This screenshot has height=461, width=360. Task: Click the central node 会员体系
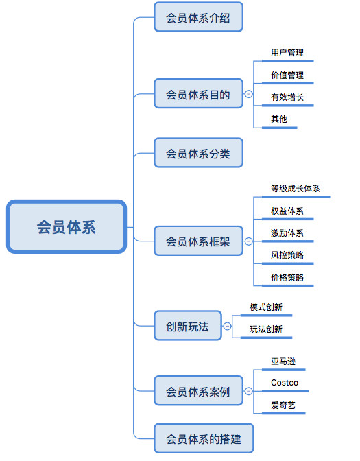(67, 226)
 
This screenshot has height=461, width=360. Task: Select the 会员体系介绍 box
(198, 16)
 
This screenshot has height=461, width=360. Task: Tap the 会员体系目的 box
(198, 94)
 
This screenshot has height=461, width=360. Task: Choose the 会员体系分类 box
(198, 153)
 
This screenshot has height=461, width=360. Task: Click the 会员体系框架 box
(198, 241)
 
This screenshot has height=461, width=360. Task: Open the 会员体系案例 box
(198, 392)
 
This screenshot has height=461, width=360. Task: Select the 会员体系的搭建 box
(203, 438)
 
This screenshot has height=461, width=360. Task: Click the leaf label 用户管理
(287, 53)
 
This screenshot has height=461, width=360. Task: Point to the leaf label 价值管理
(287, 75)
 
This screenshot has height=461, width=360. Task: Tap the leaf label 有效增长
(287, 97)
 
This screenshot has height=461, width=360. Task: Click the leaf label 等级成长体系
(296, 189)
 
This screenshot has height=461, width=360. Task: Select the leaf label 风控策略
(287, 255)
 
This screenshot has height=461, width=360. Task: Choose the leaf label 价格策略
(287, 278)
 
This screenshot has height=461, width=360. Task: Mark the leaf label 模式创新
(266, 307)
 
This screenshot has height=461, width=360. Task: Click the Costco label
(285, 383)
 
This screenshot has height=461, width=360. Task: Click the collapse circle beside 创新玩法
(226, 326)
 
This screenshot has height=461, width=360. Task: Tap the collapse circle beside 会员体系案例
(248, 392)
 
